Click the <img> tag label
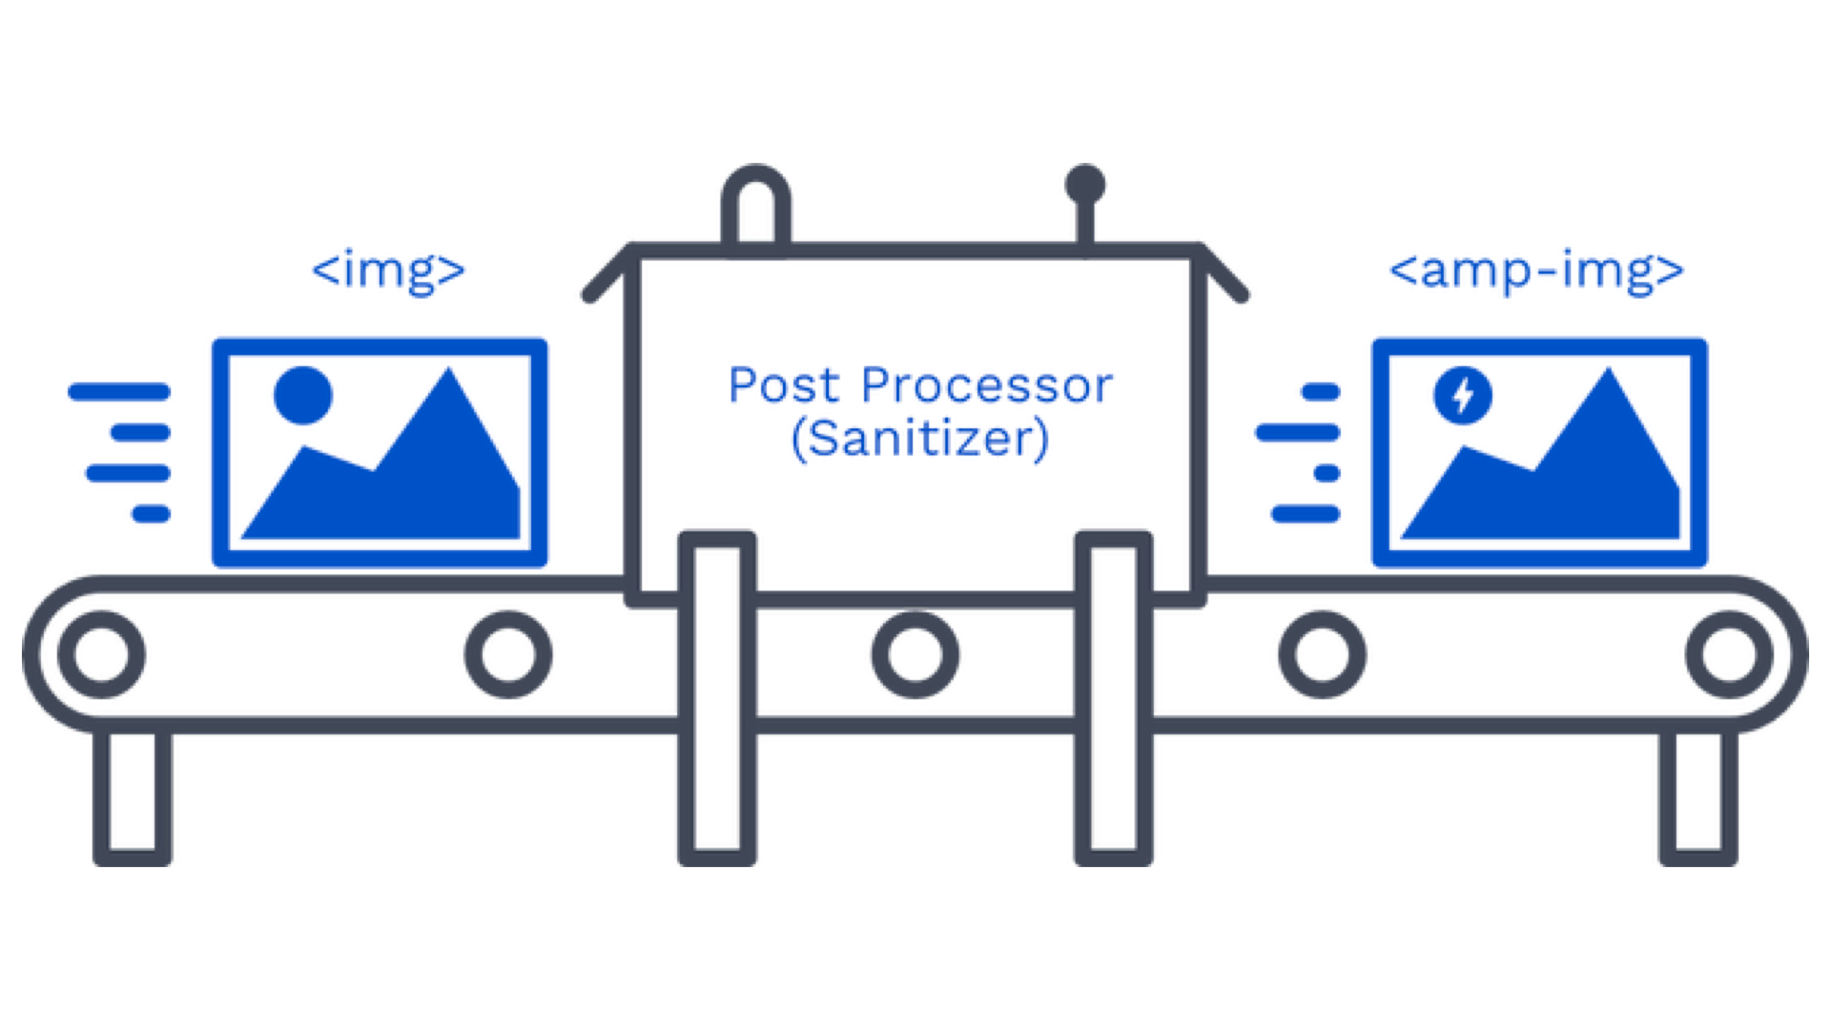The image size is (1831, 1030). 388,270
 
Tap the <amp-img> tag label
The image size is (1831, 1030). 1536,270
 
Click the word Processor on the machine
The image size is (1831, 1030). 986,386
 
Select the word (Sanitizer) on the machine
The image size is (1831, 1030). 920,439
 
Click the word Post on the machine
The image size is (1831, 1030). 784,386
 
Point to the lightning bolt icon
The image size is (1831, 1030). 1463,395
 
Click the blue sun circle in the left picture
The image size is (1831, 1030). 302,395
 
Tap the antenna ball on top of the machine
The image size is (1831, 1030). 1085,184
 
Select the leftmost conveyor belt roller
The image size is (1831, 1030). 101,654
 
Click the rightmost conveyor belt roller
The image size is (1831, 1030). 1729,654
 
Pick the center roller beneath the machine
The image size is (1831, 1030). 915,654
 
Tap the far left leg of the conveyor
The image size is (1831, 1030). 133,796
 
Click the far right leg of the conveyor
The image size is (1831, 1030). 1698,796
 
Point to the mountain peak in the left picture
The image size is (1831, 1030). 448,377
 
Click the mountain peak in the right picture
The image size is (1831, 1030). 1609,377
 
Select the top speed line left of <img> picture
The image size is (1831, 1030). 119,391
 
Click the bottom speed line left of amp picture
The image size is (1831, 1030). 1306,515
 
